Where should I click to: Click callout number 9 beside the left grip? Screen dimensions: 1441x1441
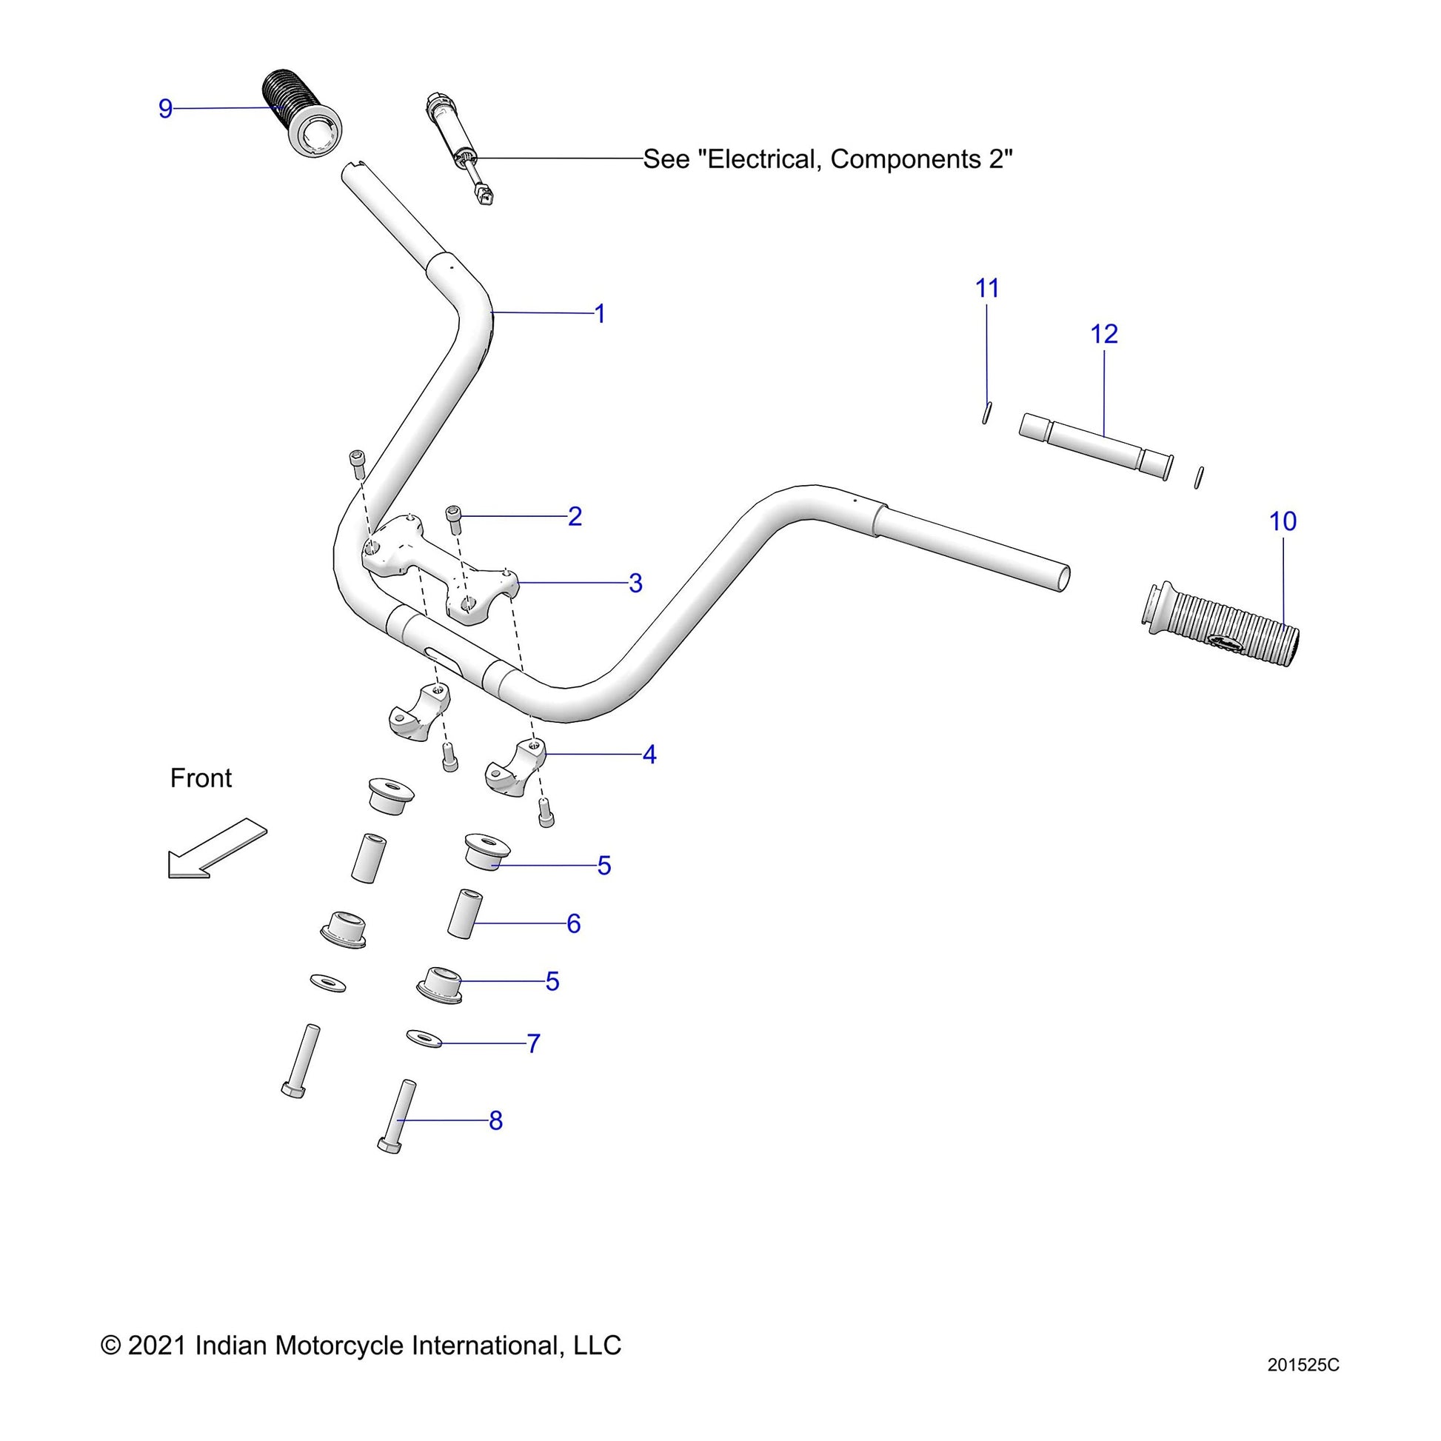click(166, 109)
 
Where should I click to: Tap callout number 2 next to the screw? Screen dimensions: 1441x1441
click(575, 516)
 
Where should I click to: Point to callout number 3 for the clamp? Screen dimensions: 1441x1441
click(635, 583)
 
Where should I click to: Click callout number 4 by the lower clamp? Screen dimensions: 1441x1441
click(649, 754)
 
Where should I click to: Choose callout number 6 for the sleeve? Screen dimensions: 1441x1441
click(574, 923)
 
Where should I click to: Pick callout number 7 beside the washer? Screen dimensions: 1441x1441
click(533, 1043)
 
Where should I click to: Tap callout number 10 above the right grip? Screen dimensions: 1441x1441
click(1283, 521)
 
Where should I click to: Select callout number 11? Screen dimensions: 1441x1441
click(988, 288)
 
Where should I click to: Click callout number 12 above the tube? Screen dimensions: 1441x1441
click(1104, 334)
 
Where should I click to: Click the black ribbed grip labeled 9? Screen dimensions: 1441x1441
click(301, 112)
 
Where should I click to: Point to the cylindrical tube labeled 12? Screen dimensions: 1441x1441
click(1095, 446)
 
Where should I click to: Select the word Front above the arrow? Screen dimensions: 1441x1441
click(201, 778)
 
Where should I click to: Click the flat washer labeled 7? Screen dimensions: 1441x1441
click(424, 1037)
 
